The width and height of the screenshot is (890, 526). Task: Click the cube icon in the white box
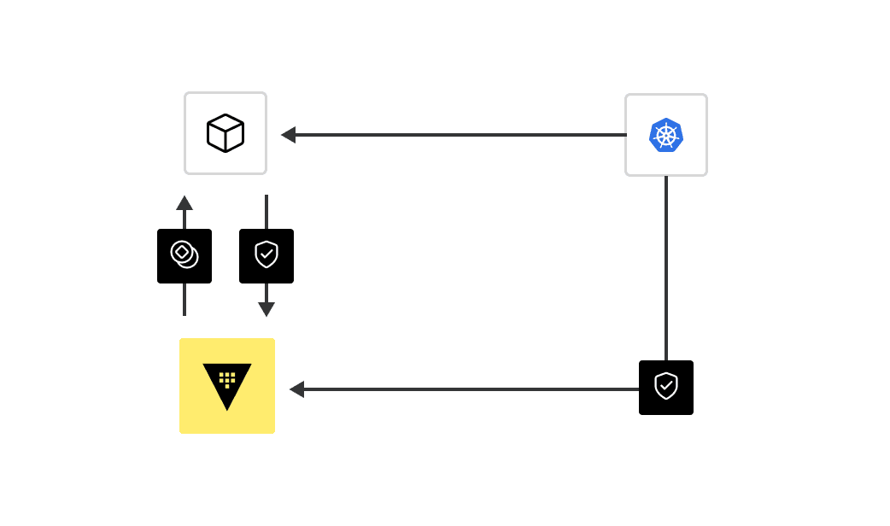[x=225, y=133]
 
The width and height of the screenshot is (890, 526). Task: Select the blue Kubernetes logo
[x=666, y=135]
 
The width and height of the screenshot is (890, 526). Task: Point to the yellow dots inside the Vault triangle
[x=227, y=378]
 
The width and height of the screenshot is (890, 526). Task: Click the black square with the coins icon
[x=184, y=256]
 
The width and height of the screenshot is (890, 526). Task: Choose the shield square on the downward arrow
[x=266, y=256]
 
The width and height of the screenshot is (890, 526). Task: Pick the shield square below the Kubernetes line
[x=666, y=388]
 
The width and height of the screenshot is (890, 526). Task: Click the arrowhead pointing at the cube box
[x=289, y=135]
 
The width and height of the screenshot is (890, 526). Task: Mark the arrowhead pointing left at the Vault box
[x=297, y=389]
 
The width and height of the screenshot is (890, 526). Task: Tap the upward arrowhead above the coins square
[x=184, y=203]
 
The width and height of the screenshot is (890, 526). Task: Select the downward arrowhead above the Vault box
[x=266, y=309]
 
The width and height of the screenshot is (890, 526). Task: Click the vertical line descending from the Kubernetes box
[x=666, y=265]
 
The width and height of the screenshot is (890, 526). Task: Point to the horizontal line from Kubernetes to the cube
[x=461, y=135]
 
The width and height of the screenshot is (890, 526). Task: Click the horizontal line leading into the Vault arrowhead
[x=470, y=389]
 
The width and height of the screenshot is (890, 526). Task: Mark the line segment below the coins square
[x=184, y=299]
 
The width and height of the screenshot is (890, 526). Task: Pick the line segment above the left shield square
[x=266, y=212]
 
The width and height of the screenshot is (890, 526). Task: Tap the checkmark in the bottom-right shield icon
[x=666, y=385]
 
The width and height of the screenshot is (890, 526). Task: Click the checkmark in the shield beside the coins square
[x=266, y=254]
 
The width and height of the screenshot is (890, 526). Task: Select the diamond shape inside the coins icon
[x=182, y=252]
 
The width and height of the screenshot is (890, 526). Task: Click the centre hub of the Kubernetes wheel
[x=666, y=135]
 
